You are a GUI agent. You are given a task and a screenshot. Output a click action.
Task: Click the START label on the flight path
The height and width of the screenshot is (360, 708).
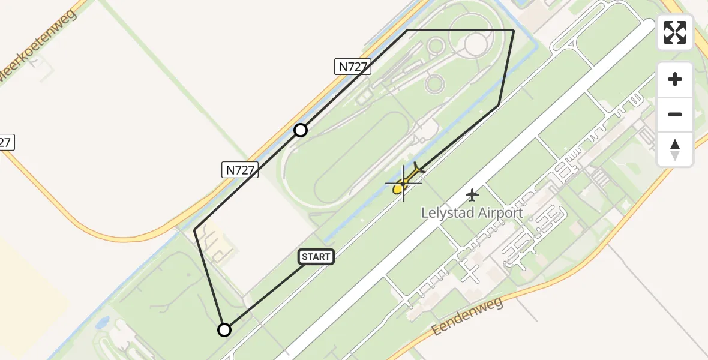click(316, 257)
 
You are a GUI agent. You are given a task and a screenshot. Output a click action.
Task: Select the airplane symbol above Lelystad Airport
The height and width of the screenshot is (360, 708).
click(473, 194)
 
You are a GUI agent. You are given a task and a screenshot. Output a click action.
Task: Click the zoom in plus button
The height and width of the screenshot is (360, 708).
click(675, 79)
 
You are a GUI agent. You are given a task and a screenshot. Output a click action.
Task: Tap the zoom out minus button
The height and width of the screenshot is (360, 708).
click(675, 114)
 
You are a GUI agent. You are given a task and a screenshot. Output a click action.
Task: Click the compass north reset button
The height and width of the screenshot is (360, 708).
click(675, 149)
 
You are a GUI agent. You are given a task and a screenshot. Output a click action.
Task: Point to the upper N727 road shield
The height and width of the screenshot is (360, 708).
click(353, 67)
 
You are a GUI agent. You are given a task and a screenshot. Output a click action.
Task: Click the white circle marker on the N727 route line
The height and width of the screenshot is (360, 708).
click(301, 130)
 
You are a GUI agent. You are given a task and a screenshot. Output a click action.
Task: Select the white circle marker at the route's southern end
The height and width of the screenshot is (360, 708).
click(224, 329)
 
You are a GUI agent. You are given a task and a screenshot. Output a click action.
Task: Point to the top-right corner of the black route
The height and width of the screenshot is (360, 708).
click(514, 30)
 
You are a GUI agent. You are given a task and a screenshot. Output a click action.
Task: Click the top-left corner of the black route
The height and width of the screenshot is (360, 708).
click(408, 30)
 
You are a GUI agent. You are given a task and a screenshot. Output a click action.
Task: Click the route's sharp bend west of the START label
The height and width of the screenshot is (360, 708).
click(195, 229)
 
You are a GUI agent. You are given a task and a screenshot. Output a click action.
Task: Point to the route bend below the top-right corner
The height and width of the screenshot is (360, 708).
click(499, 105)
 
